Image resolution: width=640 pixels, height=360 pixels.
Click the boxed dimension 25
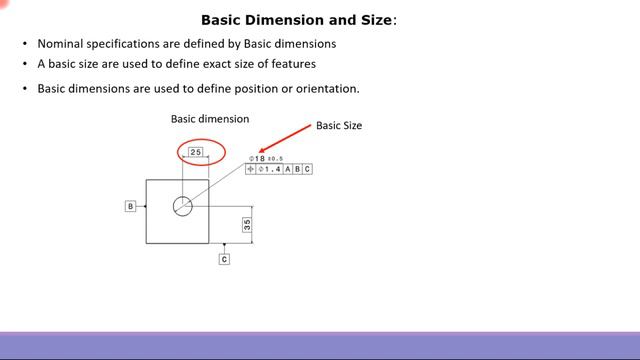(196, 152)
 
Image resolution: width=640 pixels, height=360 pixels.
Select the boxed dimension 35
(246, 225)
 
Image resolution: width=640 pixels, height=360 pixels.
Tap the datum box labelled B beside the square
(130, 206)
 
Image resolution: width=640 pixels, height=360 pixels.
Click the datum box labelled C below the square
(224, 259)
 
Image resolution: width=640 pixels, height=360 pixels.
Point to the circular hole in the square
(182, 207)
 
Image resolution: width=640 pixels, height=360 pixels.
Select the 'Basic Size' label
(339, 126)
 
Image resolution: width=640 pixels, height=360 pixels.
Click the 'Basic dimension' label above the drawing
(210, 119)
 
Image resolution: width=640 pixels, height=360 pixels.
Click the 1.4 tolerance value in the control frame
(271, 169)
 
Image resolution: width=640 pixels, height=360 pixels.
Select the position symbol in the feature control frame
(251, 169)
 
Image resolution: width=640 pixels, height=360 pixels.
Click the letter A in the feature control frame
(287, 169)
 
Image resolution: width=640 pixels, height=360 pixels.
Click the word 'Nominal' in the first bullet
(62, 44)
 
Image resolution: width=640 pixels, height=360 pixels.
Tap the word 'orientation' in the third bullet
(325, 88)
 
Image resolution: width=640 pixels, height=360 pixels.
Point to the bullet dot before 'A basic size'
(25, 64)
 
